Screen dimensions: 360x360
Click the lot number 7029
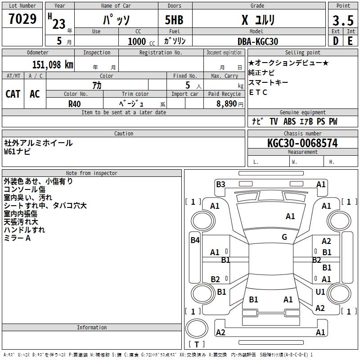click(x=22, y=19)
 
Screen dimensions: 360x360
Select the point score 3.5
click(x=343, y=20)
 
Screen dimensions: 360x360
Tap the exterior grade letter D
click(x=336, y=41)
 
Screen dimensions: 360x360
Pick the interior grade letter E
click(x=350, y=41)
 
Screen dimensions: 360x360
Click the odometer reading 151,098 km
click(x=53, y=65)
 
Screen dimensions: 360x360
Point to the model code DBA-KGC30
click(x=258, y=41)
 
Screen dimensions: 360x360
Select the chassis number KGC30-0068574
click(x=302, y=143)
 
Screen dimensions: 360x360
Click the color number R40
click(x=75, y=104)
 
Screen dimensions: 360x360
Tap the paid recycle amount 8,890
click(x=227, y=104)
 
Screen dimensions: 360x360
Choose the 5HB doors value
click(x=174, y=20)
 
